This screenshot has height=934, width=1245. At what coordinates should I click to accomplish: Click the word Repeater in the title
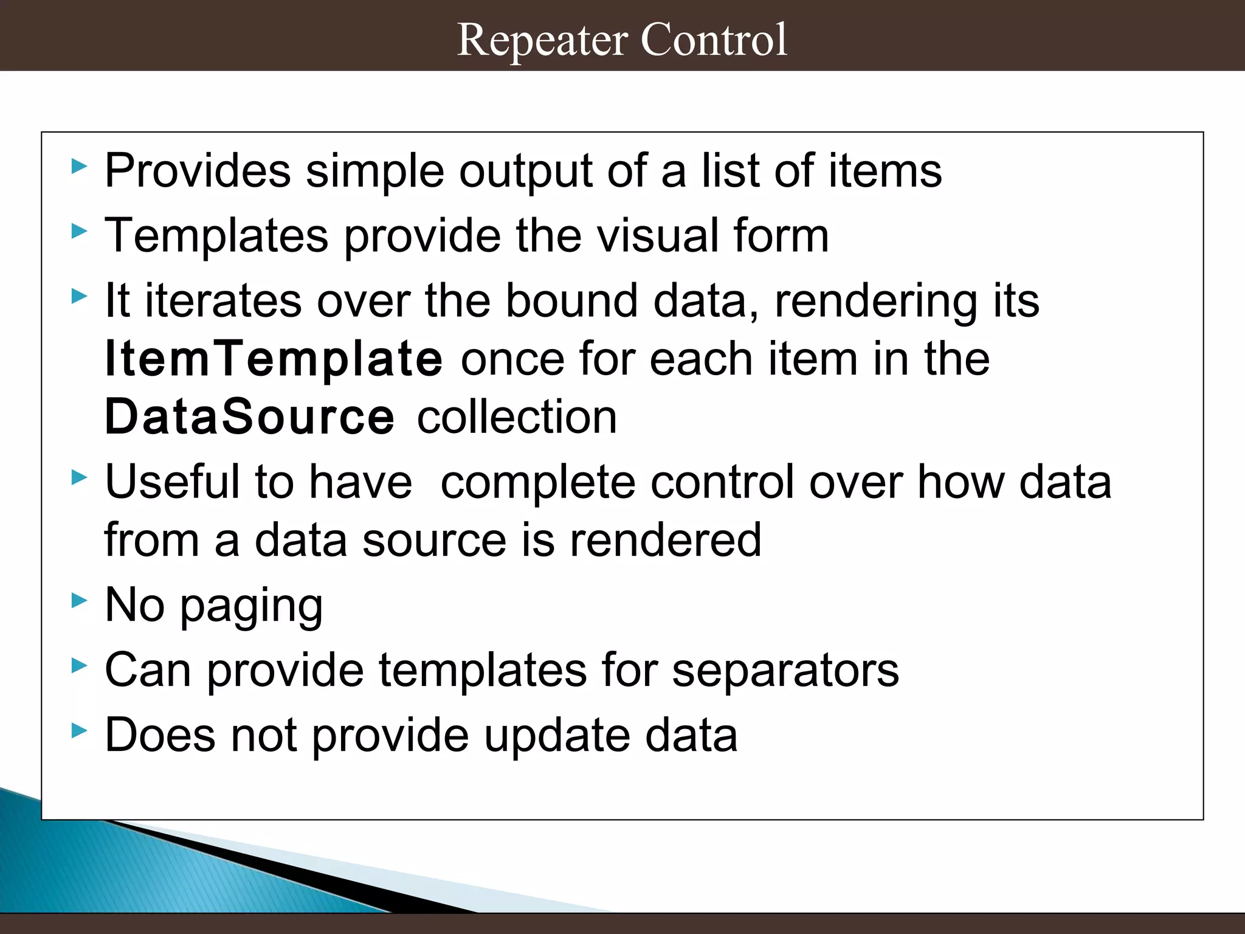[x=542, y=40]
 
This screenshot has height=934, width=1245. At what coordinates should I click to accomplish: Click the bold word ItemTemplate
[x=274, y=359]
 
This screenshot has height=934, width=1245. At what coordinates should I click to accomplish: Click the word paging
[x=251, y=607]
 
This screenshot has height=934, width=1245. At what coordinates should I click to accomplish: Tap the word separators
[x=785, y=671]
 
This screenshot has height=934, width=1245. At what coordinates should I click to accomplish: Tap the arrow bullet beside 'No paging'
[x=79, y=601]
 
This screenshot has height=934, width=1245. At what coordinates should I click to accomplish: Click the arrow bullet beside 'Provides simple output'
[x=79, y=166]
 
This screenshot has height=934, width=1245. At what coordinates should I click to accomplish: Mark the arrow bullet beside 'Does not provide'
[x=79, y=730]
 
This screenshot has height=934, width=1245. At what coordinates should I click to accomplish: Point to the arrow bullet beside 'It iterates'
[x=79, y=296]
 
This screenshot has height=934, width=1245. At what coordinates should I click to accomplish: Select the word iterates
[x=223, y=301]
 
